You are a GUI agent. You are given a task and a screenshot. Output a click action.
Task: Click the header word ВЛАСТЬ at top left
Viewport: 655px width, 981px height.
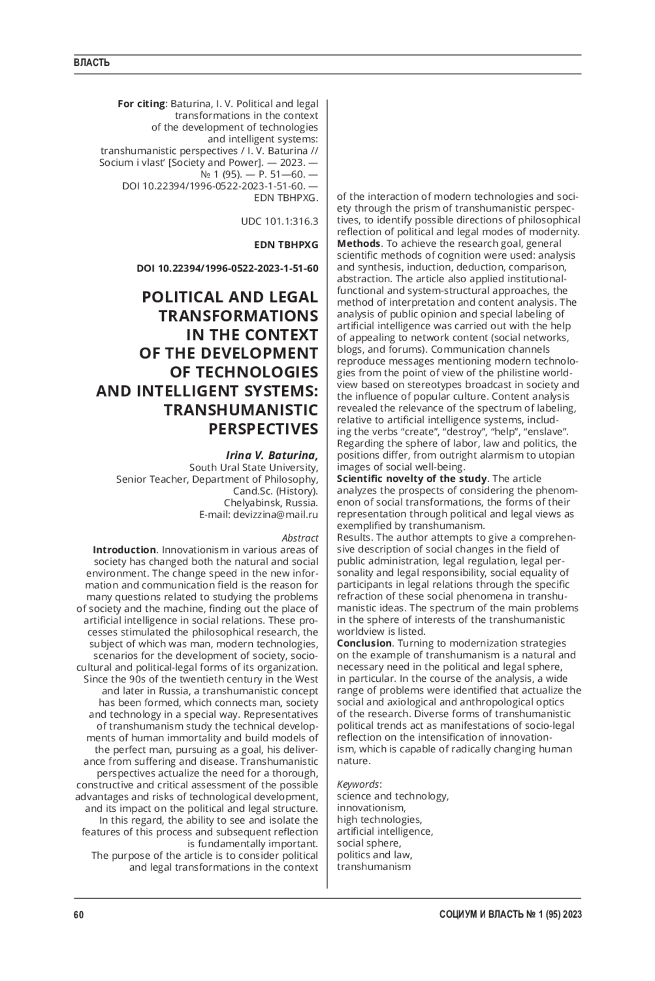point(92,63)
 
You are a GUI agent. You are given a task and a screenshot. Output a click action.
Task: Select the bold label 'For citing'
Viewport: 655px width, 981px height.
point(141,104)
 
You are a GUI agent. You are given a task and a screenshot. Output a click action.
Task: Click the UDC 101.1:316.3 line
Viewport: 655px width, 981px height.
point(279,222)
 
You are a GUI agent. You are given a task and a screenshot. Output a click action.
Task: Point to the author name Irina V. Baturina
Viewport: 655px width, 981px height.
point(272,455)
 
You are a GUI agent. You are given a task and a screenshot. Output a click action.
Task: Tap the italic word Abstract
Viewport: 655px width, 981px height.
point(300,538)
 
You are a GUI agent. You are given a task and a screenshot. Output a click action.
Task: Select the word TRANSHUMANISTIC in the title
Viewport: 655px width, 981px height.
point(241,410)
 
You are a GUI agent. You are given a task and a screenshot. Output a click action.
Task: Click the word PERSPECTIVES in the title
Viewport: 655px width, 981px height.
point(263,429)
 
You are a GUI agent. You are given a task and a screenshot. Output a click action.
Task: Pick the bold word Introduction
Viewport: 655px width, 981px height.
point(124,550)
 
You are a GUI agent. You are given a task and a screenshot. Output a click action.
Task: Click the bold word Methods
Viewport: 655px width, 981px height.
point(358,243)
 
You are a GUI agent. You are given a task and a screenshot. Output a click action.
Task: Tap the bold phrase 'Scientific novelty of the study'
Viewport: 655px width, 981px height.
point(412,479)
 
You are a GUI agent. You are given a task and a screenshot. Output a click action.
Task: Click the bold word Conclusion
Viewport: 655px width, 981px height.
point(364,643)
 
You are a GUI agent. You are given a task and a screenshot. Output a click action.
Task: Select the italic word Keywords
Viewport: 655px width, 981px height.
point(358,784)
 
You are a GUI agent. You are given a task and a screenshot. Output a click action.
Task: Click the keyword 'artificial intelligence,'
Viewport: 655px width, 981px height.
point(385,831)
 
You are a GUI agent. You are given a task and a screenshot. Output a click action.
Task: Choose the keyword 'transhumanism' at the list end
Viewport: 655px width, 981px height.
point(373,866)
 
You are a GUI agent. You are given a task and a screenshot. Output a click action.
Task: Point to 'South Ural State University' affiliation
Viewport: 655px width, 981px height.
point(253,467)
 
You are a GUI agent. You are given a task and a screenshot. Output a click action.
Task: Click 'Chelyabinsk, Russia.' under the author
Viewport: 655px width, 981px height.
point(271,503)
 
